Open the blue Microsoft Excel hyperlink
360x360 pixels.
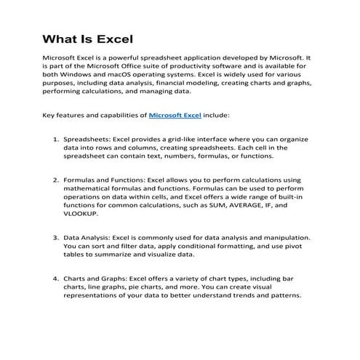175,115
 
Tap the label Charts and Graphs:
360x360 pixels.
100,278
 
